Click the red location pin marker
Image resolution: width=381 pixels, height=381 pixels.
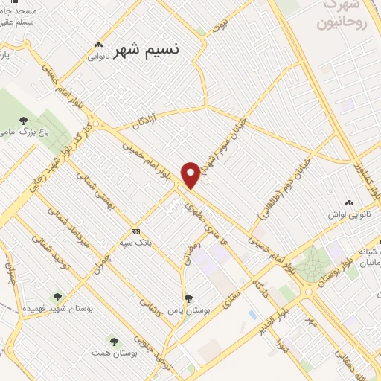tap(190, 174)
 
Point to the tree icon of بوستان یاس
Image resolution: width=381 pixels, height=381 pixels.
tap(188, 298)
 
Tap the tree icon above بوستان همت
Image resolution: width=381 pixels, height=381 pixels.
tap(114, 341)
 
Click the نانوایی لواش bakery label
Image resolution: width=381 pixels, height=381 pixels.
tap(347, 215)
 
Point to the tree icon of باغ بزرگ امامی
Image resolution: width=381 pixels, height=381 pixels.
tap(24, 119)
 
